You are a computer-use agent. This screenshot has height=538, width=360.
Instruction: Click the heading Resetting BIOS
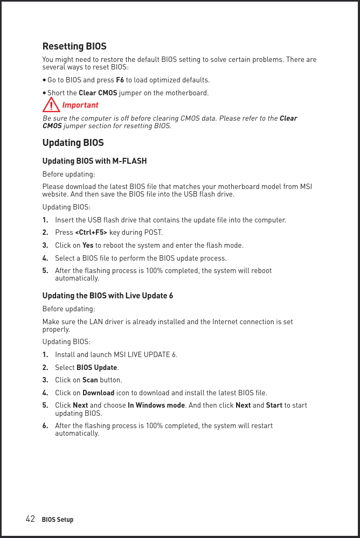(x=74, y=46)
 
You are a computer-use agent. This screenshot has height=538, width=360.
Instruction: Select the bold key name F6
(x=120, y=80)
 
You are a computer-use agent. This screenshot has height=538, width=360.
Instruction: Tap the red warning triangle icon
(x=51, y=104)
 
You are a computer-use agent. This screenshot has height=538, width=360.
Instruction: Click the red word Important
(x=80, y=105)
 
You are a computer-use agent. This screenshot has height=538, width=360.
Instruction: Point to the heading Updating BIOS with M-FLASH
(x=94, y=161)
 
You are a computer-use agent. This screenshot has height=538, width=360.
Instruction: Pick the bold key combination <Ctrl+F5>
(x=91, y=233)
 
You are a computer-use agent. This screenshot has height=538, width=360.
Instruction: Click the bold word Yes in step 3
(x=88, y=246)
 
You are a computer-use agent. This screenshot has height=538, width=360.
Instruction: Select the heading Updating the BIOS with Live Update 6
(x=108, y=296)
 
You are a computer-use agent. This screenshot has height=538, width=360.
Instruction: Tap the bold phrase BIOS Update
(x=97, y=368)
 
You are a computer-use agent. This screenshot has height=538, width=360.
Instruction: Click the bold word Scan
(x=90, y=380)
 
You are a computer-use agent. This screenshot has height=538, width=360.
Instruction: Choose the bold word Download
(x=98, y=393)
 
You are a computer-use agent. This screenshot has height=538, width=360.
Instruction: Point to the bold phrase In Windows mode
(x=156, y=406)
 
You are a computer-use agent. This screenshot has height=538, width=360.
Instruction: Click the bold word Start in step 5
(x=274, y=406)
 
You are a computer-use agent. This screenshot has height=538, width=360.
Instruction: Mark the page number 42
(x=31, y=519)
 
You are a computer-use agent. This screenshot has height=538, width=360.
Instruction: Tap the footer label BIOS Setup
(x=58, y=520)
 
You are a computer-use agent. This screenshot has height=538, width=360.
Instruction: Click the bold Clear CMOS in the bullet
(x=98, y=93)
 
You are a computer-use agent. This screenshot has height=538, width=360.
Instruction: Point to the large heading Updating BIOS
(x=73, y=143)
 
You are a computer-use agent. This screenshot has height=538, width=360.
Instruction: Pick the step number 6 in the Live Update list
(x=45, y=426)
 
